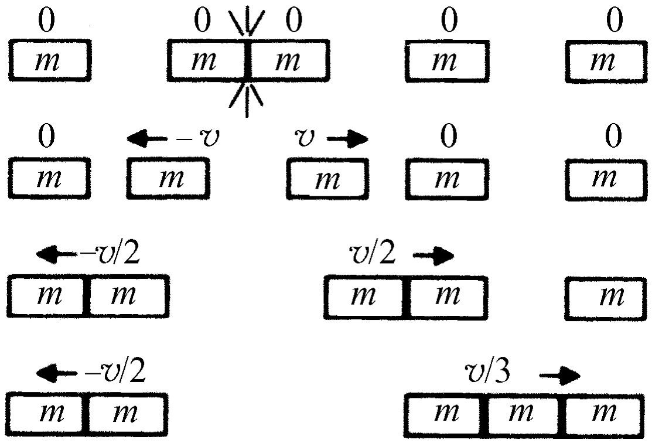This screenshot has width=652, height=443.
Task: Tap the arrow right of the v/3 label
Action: click(x=559, y=376)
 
